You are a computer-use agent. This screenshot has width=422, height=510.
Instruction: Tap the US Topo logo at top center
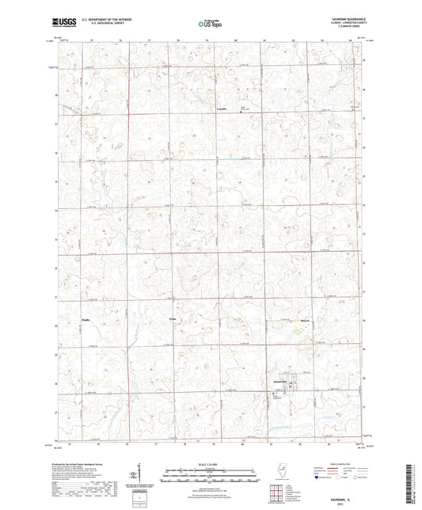(210, 25)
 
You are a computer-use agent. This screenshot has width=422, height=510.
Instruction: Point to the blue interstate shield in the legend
(317, 478)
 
